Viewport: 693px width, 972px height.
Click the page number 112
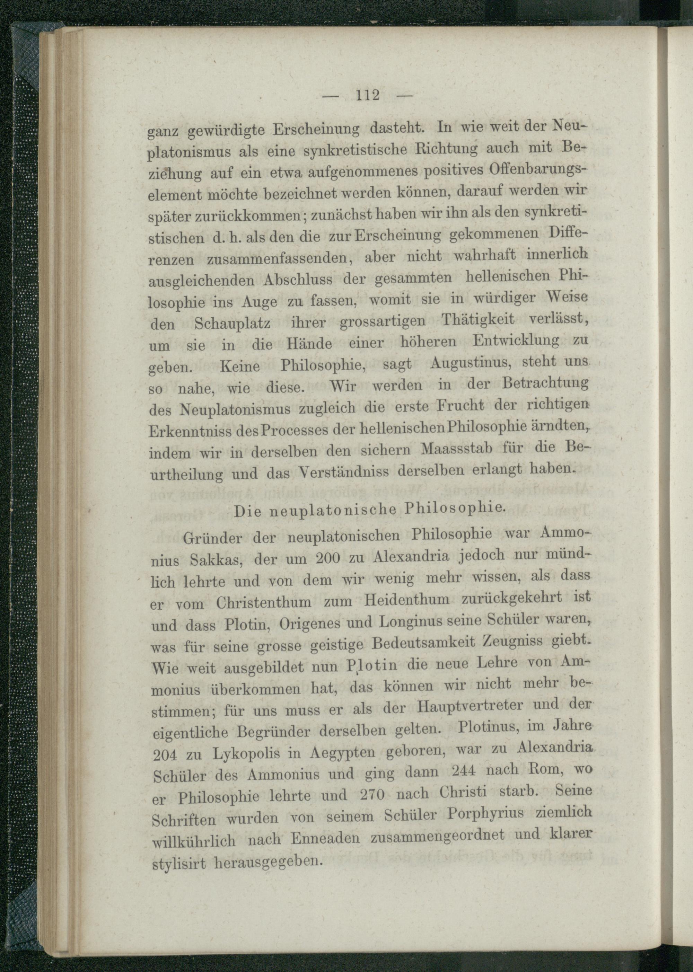[367, 95]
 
